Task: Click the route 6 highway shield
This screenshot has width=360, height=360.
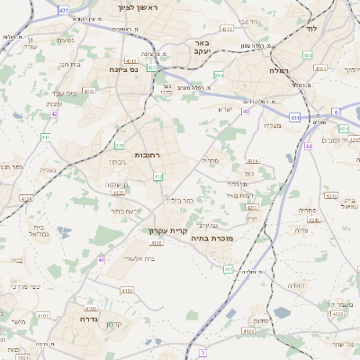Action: (336, 111)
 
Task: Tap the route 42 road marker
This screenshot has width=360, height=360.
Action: (55, 114)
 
